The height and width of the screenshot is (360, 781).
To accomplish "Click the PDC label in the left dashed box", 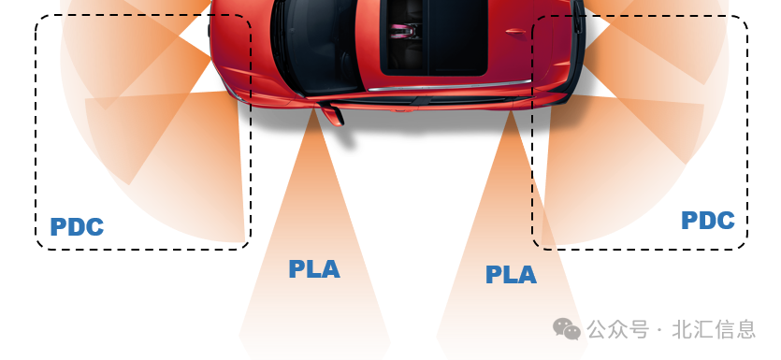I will (77, 227).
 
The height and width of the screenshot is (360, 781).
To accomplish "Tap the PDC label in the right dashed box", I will (708, 221).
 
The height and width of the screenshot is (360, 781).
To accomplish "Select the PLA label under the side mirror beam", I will (314, 269).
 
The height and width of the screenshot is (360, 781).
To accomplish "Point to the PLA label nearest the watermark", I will (511, 275).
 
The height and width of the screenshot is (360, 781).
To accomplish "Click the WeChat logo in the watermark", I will (566, 328).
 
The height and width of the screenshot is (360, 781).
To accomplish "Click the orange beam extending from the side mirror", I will (314, 187).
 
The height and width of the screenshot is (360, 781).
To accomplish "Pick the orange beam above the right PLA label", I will (512, 187).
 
